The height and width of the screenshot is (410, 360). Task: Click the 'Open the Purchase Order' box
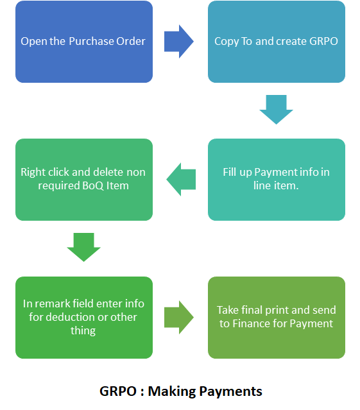pyautogui.click(x=84, y=42)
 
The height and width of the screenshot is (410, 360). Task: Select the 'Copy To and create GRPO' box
pyautogui.click(x=277, y=42)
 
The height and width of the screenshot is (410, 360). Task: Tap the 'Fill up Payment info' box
pyautogui.click(x=277, y=180)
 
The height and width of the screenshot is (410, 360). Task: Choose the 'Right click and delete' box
pyautogui.click(x=84, y=180)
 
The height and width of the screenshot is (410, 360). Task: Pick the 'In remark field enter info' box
pyautogui.click(x=84, y=318)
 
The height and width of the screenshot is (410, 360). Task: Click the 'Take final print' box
pyautogui.click(x=277, y=318)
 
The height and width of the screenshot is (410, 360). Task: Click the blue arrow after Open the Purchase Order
pyautogui.click(x=179, y=42)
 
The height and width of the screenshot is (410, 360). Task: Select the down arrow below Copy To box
pyautogui.click(x=276, y=110)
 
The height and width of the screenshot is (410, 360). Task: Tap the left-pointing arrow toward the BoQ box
pyautogui.click(x=181, y=180)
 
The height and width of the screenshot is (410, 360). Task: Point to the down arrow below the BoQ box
pyautogui.click(x=83, y=247)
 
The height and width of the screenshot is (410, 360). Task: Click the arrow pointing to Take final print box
pyautogui.click(x=179, y=318)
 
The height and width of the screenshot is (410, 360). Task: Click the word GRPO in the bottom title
pyautogui.click(x=118, y=391)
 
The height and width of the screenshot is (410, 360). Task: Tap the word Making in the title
pyautogui.click(x=172, y=392)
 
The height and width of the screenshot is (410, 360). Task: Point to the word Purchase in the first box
pyautogui.click(x=92, y=41)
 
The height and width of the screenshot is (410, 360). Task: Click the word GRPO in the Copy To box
pyautogui.click(x=323, y=41)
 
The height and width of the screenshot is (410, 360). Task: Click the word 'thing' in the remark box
pyautogui.click(x=83, y=331)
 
